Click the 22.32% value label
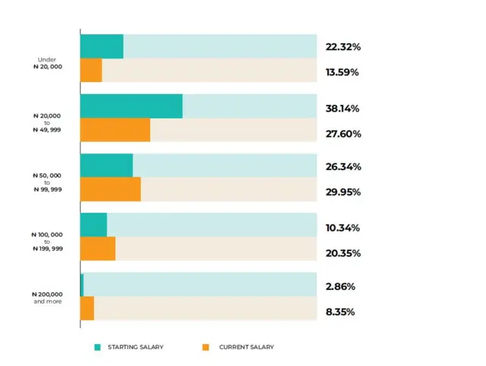(x=342, y=47)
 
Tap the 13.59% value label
(x=342, y=72)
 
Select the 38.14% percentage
(x=342, y=109)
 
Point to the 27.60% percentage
(x=342, y=134)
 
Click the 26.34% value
(x=342, y=167)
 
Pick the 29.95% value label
(x=342, y=192)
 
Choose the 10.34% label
(x=342, y=228)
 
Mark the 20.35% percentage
(x=342, y=253)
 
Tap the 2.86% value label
(x=340, y=287)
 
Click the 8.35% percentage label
(x=340, y=312)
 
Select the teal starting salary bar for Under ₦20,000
(x=102, y=46)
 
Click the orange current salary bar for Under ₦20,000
(x=91, y=71)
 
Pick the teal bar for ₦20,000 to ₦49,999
(x=131, y=106)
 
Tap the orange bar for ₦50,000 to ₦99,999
(x=110, y=189)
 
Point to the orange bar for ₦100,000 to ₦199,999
(x=98, y=248)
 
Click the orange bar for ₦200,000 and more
(x=87, y=308)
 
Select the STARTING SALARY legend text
(x=136, y=347)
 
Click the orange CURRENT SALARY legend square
(x=205, y=347)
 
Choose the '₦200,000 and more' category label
(x=47, y=297)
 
